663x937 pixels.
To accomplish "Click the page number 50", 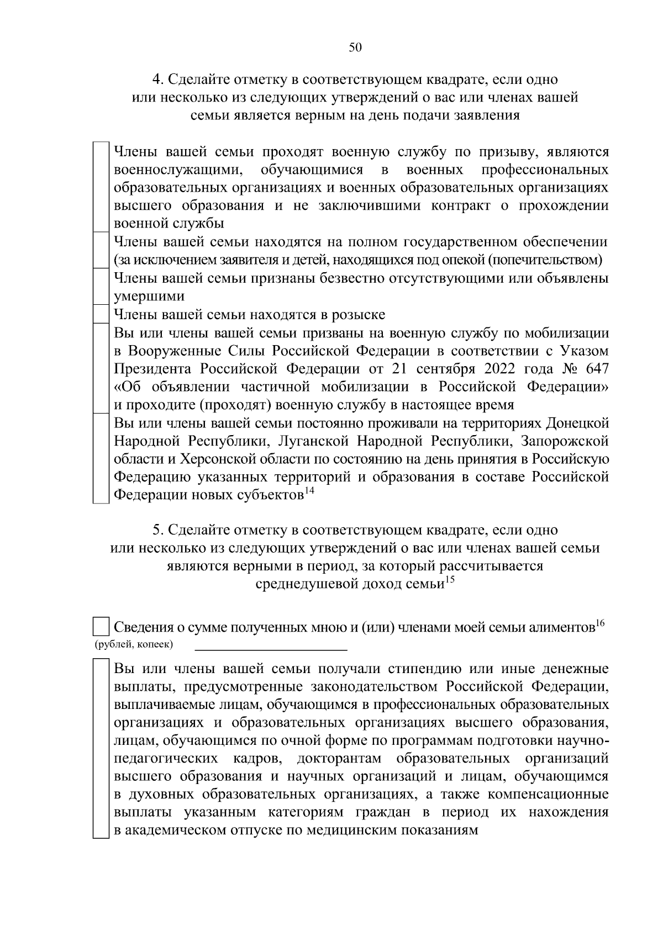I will tap(355, 47).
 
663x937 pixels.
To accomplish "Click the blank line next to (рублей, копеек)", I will tap(271, 644).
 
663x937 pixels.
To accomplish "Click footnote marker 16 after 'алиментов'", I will tap(600, 623).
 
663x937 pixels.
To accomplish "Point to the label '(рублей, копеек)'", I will tap(134, 644).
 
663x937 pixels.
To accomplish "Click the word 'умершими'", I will tap(149, 297).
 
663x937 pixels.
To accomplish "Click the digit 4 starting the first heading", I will tap(156, 80).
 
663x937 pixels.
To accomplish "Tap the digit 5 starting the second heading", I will tap(156, 530).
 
